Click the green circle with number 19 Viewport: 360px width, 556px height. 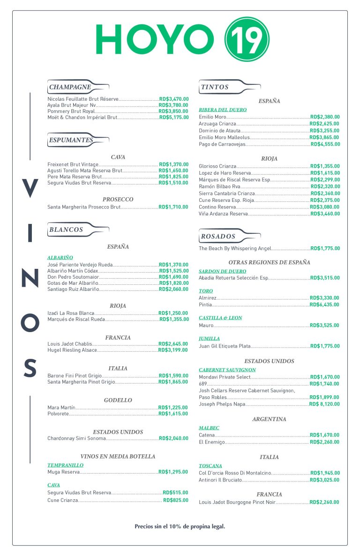[247, 39]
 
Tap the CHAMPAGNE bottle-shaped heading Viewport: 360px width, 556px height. [70, 87]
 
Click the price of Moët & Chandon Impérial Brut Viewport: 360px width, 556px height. [173, 118]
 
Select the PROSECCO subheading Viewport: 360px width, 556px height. [118, 199]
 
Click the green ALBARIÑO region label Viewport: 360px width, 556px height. [60, 257]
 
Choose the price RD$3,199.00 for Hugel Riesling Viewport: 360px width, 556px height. [173, 350]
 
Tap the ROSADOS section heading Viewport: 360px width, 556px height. [218, 236]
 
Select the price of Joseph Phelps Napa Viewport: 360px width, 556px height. [324, 404]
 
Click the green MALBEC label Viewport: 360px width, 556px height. [209, 428]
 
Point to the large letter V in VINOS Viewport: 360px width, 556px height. [30, 189]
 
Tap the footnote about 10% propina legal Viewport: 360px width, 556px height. [180, 526]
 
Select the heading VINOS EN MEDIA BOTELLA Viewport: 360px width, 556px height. [118, 456]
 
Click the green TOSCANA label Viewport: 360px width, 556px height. [210, 466]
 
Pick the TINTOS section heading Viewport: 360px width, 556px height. [215, 87]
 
